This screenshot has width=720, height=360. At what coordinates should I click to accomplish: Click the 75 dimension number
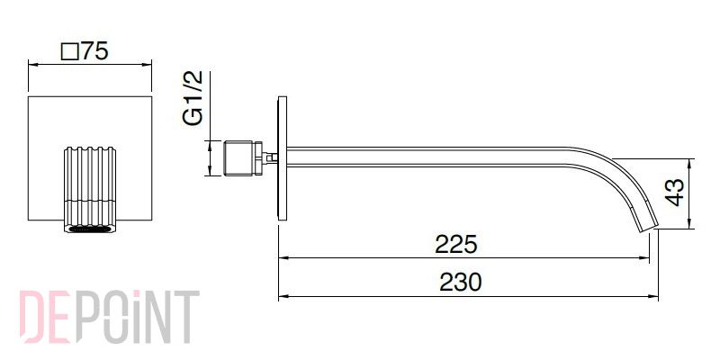[x=95, y=51]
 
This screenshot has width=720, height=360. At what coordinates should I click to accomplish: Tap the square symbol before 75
[x=70, y=52]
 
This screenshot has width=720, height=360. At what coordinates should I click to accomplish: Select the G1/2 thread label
[x=193, y=98]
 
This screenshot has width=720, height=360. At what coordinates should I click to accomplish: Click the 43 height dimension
[x=674, y=193]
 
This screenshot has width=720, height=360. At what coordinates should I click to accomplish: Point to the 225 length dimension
[x=456, y=244]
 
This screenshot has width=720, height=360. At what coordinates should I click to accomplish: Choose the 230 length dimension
[x=461, y=283]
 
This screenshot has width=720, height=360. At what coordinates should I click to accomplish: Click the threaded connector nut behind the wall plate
[x=243, y=158]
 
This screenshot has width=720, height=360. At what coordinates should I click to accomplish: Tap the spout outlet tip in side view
[x=648, y=227]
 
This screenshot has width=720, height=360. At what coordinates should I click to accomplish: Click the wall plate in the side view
[x=283, y=159]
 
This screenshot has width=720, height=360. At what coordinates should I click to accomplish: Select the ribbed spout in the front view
[x=89, y=189]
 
